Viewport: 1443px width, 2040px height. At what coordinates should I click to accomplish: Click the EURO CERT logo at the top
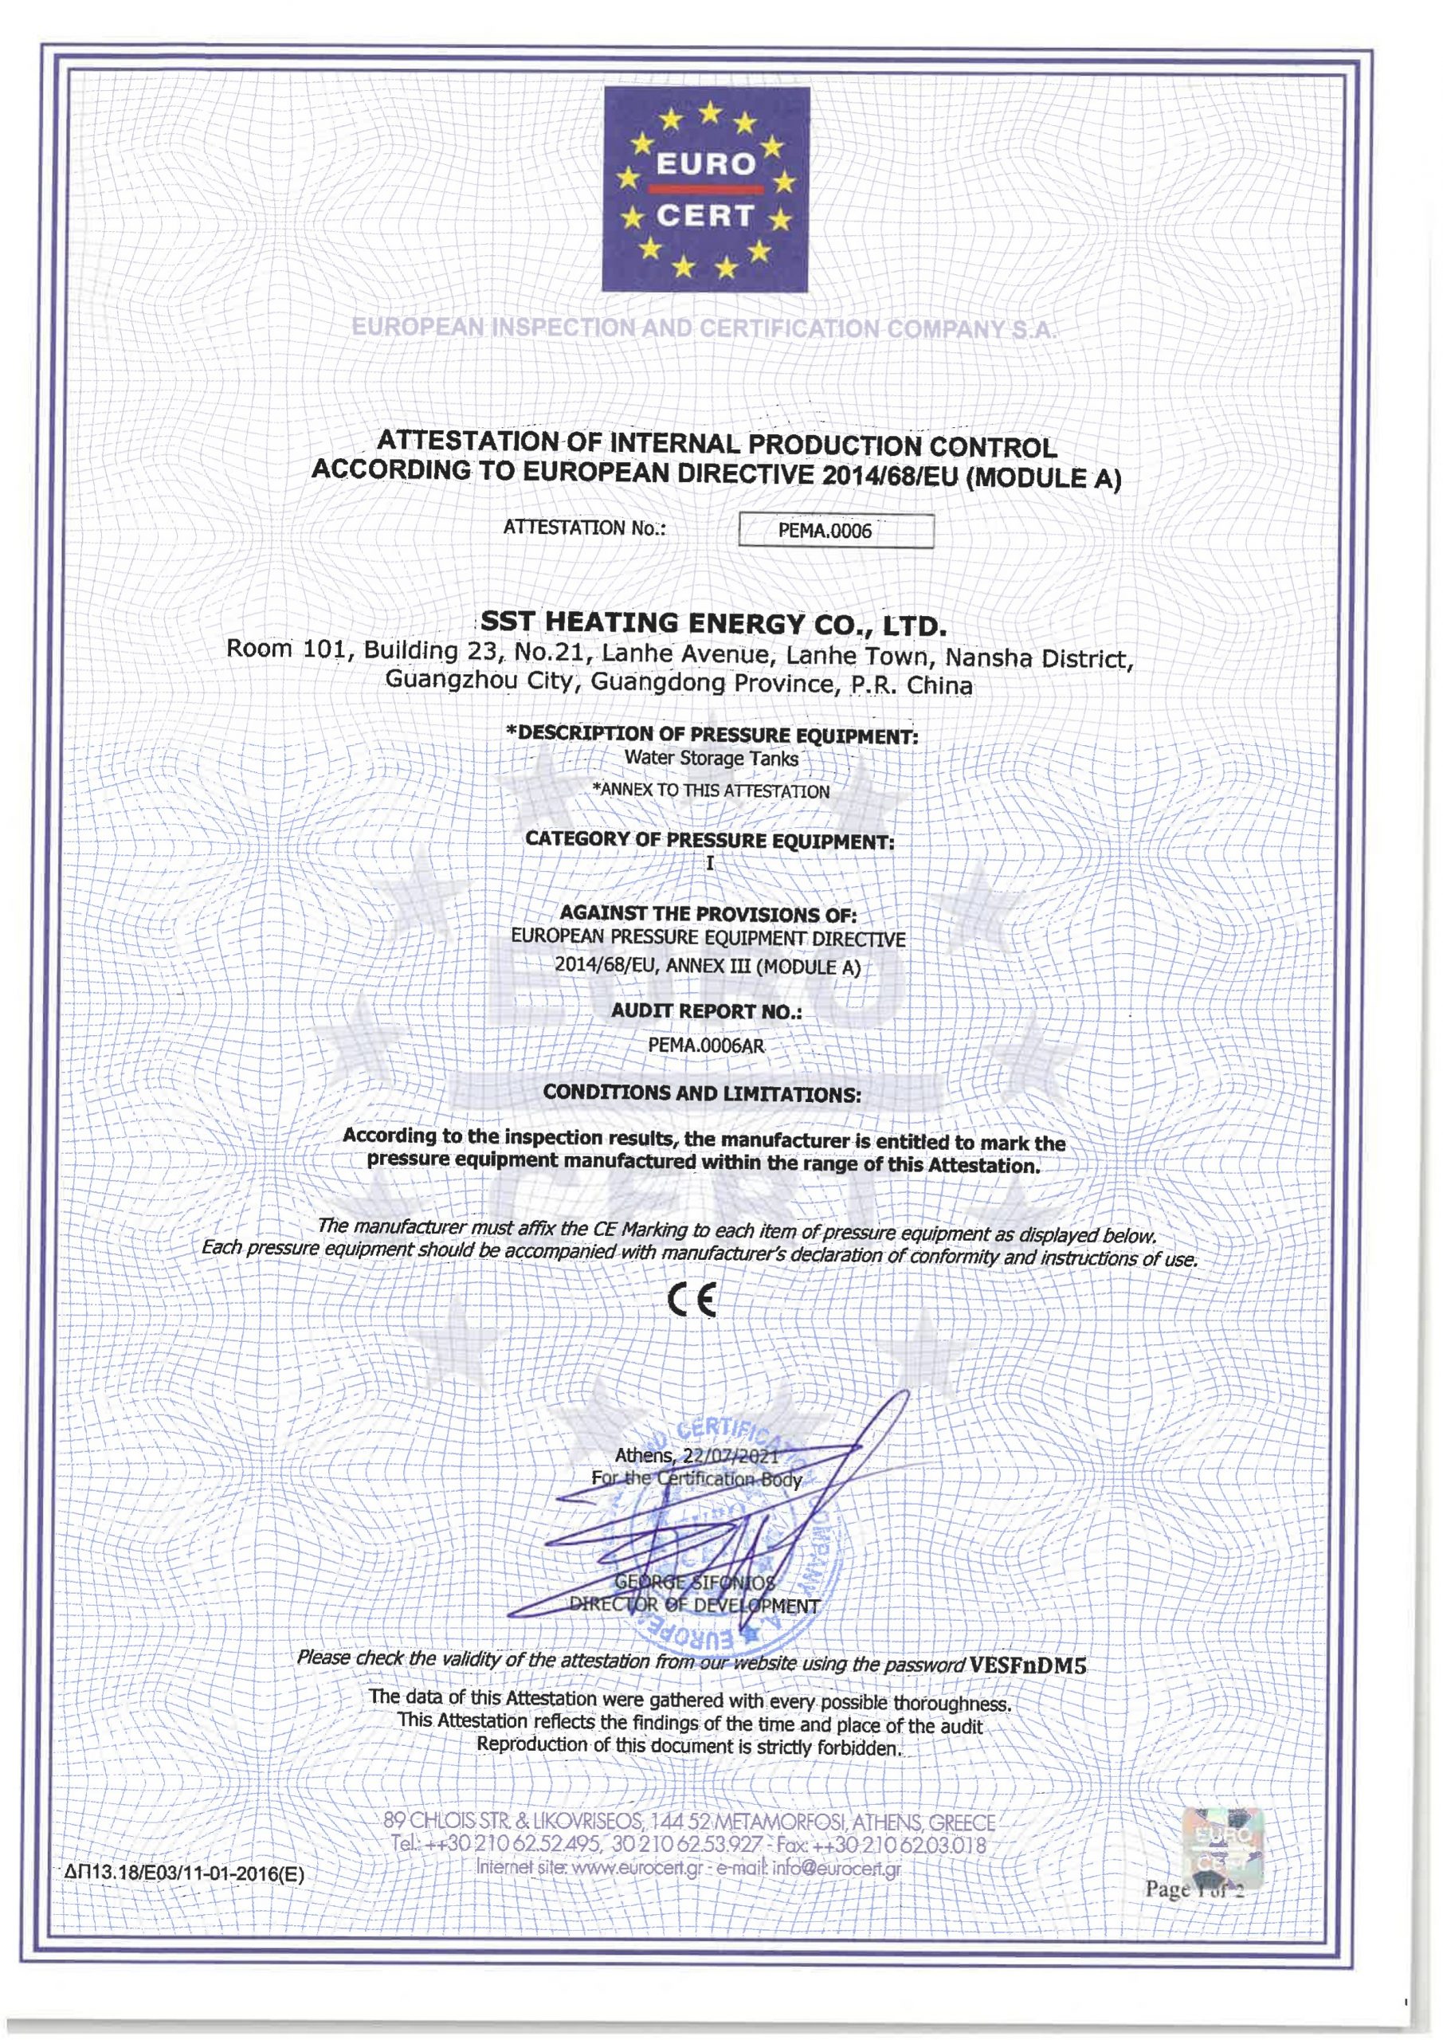click(707, 188)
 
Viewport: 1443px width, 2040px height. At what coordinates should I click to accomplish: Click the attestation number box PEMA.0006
click(836, 531)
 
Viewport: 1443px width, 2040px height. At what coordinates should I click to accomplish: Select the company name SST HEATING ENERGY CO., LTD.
click(710, 624)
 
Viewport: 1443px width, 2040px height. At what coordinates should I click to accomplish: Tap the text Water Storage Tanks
click(711, 758)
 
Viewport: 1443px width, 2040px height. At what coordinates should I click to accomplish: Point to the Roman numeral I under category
click(710, 863)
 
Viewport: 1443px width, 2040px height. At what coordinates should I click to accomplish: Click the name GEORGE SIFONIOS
click(694, 1583)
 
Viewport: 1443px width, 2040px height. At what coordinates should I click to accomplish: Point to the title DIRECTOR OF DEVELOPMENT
click(694, 1606)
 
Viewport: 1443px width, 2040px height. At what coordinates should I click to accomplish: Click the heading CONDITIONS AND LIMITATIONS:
click(702, 1094)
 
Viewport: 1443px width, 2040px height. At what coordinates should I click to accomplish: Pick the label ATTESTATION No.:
click(585, 527)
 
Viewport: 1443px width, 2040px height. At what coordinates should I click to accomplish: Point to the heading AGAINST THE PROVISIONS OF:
click(708, 914)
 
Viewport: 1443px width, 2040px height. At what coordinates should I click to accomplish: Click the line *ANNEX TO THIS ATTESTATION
click(711, 790)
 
